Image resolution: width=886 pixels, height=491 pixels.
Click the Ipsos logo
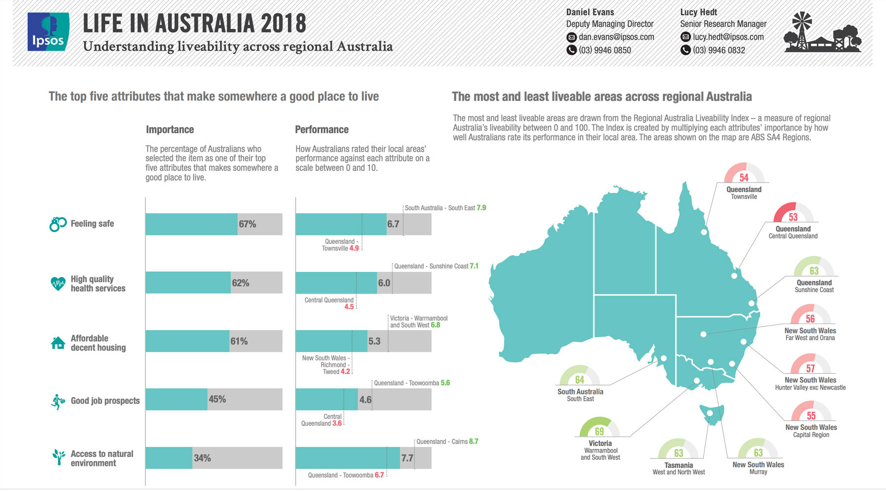pyautogui.click(x=48, y=32)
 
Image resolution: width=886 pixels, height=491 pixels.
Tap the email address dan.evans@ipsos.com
pyautogui.click(x=616, y=37)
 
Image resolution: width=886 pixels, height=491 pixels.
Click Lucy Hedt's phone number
pyautogui.click(x=719, y=50)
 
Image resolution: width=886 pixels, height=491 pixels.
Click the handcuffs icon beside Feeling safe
pyautogui.click(x=58, y=224)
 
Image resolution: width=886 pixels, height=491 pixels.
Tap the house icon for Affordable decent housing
pyautogui.click(x=58, y=343)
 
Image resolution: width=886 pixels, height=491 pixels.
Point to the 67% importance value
pyautogui.click(x=247, y=224)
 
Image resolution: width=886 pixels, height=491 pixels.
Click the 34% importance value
pyautogui.click(x=202, y=458)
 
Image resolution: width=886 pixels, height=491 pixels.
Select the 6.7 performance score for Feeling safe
pyautogui.click(x=393, y=224)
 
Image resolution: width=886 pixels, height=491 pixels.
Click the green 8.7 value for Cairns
pyautogui.click(x=474, y=441)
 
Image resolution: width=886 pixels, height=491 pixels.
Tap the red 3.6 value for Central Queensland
pyautogui.click(x=337, y=424)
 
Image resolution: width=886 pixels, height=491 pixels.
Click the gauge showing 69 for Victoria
pyautogui.click(x=599, y=427)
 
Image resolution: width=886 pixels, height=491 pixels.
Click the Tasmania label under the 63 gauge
pyautogui.click(x=678, y=465)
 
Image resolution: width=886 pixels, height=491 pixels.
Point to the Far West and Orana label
pyautogui.click(x=810, y=338)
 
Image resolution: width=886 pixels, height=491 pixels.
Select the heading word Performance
pyautogui.click(x=321, y=130)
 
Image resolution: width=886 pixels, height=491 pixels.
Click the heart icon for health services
pyautogui.click(x=58, y=284)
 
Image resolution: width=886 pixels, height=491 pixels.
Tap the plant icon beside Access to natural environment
pyautogui.click(x=59, y=457)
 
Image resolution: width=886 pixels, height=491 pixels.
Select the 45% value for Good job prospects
pyautogui.click(x=217, y=399)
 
